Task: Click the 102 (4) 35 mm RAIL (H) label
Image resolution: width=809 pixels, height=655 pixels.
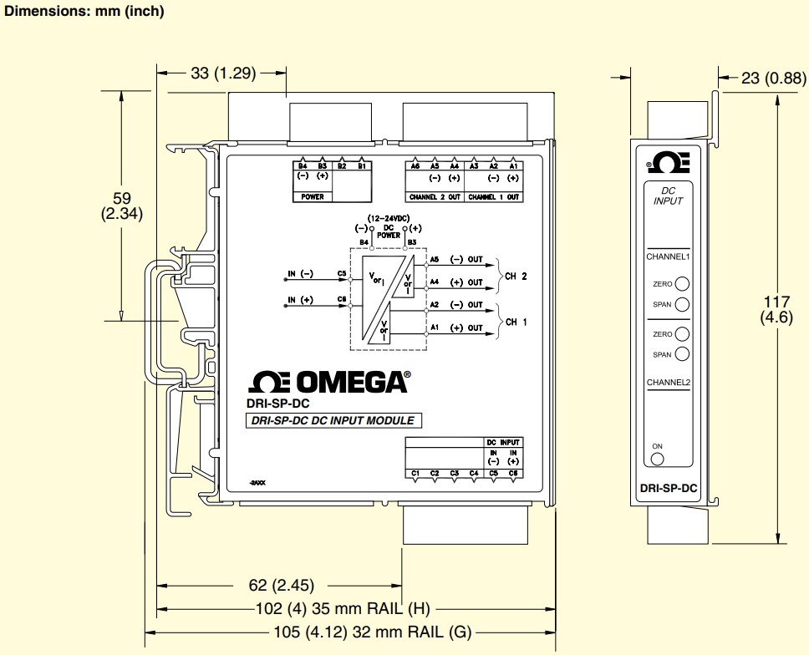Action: pyautogui.click(x=342, y=608)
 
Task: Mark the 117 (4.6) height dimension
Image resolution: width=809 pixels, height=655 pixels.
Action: pyautogui.click(x=776, y=309)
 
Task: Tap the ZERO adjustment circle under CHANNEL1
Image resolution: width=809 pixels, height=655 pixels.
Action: pyautogui.click(x=683, y=284)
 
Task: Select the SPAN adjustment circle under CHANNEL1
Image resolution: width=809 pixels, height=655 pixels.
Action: pyautogui.click(x=683, y=304)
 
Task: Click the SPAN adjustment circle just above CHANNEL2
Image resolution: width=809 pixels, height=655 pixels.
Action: pyautogui.click(x=683, y=354)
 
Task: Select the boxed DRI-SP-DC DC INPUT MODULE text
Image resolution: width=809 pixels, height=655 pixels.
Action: pyautogui.click(x=333, y=421)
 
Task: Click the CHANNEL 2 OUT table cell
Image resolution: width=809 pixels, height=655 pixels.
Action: pyautogui.click(x=435, y=197)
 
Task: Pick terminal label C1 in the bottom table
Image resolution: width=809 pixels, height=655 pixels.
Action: pyautogui.click(x=415, y=474)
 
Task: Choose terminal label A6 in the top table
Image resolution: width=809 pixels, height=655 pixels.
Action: pyautogui.click(x=415, y=166)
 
